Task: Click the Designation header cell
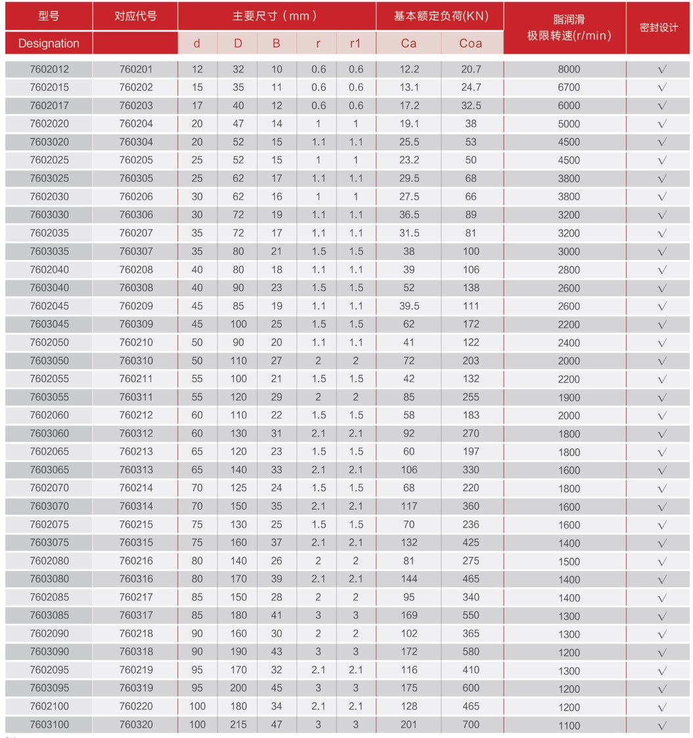(49, 43)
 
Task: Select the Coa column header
(470, 43)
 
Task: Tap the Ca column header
(409, 43)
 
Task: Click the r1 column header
(356, 43)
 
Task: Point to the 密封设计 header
(658, 28)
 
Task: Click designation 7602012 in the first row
(49, 69)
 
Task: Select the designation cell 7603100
(49, 724)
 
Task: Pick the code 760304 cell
(135, 142)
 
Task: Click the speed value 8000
(568, 69)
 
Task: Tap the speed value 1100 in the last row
(568, 725)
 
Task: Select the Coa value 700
(470, 724)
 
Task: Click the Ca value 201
(409, 724)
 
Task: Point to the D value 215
(238, 724)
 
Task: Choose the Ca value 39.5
(409, 305)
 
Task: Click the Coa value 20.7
(470, 69)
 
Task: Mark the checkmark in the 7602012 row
(661, 69)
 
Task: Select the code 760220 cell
(135, 706)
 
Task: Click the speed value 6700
(568, 87)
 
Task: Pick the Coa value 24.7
(470, 87)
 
